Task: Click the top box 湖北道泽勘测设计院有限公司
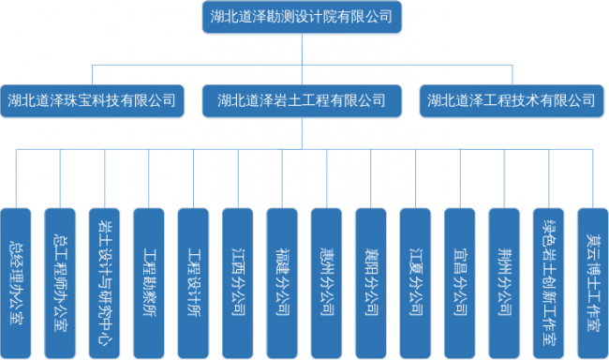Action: pos(302,17)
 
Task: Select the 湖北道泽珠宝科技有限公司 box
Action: pos(92,100)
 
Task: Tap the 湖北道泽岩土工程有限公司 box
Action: pos(302,100)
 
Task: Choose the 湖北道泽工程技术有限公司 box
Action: pos(512,100)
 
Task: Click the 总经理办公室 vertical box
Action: pos(16,283)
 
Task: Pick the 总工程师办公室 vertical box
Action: pos(60,283)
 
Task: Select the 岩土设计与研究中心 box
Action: pos(105,283)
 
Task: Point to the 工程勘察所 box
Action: pos(149,283)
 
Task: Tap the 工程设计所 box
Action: pos(193,283)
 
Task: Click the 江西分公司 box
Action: pos(238,283)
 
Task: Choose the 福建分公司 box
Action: pos(282,283)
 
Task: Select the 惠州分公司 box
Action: pos(327,283)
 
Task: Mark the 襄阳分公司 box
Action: pos(371,283)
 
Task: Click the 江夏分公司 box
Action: pos(415,283)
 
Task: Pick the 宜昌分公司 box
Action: pos(460,283)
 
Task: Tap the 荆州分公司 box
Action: pos(504,283)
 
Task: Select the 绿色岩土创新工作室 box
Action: pos(548,283)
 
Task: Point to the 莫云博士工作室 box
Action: pos(593,283)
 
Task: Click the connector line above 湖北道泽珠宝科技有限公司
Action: pos(93,75)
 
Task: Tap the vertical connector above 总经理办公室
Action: pos(16,178)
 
